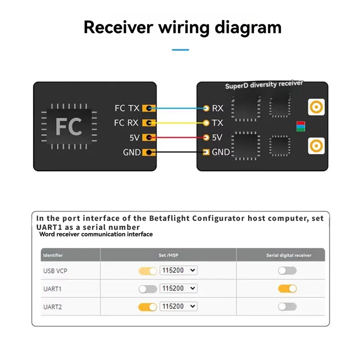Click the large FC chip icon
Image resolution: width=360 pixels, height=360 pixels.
(68, 126)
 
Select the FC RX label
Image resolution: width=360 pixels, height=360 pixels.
(126, 123)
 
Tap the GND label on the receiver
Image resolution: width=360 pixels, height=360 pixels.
(220, 152)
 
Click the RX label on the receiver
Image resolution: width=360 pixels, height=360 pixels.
(217, 108)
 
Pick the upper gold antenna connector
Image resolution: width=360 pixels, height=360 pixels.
(316, 107)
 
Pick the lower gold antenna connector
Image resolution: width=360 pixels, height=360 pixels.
(316, 146)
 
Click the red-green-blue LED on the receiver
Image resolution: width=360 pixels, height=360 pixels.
(300, 126)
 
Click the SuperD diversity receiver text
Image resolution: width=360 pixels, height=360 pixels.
(264, 85)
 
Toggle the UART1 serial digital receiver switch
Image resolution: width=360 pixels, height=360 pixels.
(287, 288)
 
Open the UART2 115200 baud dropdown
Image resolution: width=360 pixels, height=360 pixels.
(179, 306)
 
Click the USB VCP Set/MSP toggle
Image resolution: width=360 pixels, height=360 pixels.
(147, 271)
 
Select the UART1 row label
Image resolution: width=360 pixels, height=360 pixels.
(52, 289)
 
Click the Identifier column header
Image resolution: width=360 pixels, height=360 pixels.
(53, 255)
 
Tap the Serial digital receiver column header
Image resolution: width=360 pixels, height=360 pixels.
(288, 255)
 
